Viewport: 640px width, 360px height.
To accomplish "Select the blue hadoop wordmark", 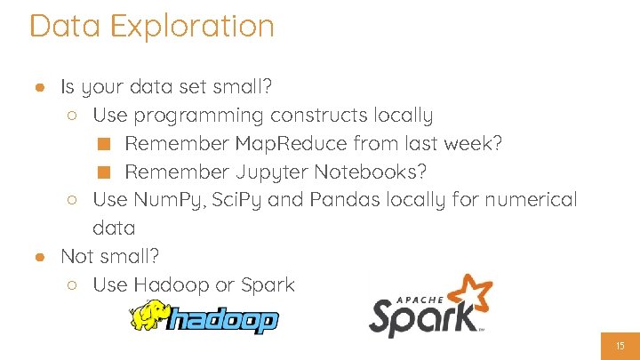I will point(224,321).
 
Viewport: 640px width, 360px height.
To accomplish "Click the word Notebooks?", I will point(376,171).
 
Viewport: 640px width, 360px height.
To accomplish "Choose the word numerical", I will point(531,199).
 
